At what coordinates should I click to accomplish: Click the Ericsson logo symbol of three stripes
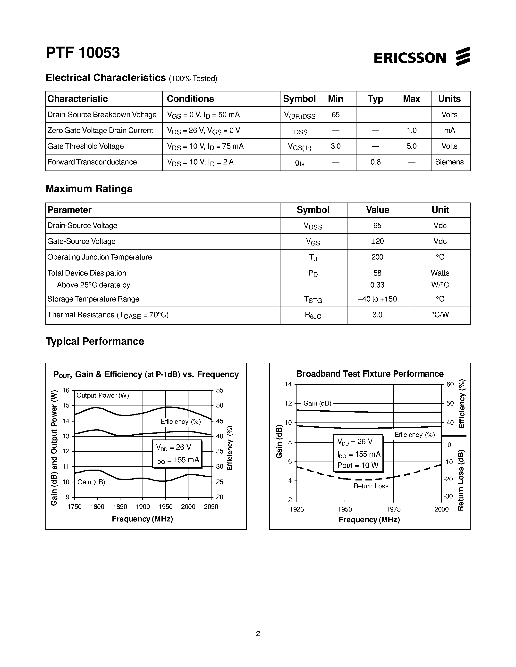click(463, 57)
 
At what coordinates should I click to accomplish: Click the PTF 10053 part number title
click(83, 53)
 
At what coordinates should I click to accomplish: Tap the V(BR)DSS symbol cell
click(299, 115)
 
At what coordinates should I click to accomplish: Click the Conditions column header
click(190, 99)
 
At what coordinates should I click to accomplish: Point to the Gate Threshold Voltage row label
click(85, 146)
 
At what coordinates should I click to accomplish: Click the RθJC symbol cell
click(313, 315)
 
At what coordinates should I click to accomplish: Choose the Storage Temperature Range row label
click(93, 299)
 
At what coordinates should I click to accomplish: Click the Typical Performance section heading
click(95, 341)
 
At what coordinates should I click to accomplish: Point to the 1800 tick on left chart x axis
click(97, 507)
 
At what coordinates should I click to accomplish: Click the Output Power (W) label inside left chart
click(103, 396)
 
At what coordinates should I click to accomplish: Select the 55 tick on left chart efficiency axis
click(220, 390)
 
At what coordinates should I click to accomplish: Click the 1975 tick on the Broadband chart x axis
click(393, 509)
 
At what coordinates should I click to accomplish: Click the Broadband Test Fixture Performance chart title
click(370, 374)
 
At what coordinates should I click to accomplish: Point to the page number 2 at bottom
click(258, 634)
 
